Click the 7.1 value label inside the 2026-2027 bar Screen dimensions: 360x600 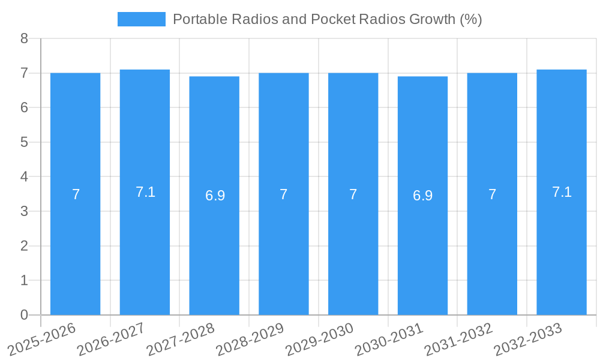(145, 192)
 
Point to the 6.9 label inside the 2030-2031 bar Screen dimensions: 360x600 (423, 196)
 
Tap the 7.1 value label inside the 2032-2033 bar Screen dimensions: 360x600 (562, 192)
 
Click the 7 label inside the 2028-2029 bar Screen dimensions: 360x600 (284, 194)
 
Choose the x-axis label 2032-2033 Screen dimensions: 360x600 (527, 338)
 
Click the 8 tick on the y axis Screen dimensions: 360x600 (25, 38)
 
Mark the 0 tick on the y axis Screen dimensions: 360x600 (25, 315)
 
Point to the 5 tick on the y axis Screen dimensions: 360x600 (25, 142)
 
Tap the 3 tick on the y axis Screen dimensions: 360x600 (25, 211)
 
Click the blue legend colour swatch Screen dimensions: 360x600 (141, 19)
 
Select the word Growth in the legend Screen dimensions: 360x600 (432, 19)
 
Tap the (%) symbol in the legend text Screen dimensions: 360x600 (471, 19)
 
